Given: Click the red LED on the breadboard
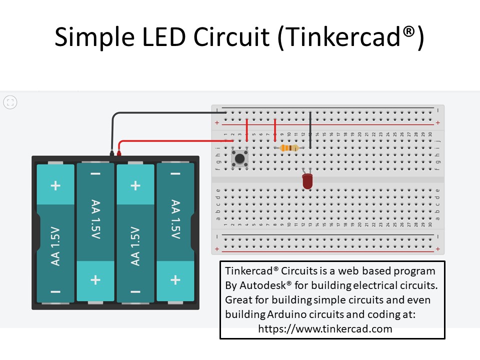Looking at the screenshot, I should click(x=307, y=180).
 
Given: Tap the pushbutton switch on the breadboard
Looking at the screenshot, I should click(x=240, y=158).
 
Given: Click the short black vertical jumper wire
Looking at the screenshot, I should click(x=310, y=130).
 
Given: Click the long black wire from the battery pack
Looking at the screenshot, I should click(x=160, y=112).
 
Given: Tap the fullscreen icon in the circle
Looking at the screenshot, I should click(x=10, y=102).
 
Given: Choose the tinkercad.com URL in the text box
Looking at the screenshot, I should click(x=325, y=329).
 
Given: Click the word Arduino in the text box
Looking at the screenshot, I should click(x=286, y=314).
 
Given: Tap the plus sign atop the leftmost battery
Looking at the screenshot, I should click(x=55, y=186).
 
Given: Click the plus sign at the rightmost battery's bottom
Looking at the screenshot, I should click(x=175, y=280).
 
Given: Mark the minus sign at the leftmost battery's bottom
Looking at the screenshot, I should click(x=55, y=291).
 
